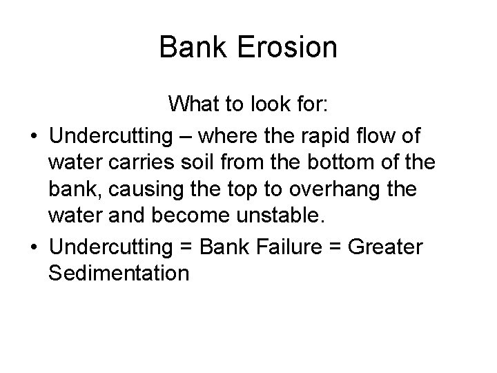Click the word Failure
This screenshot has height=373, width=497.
coord(301,246)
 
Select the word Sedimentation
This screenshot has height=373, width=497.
coord(119,274)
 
